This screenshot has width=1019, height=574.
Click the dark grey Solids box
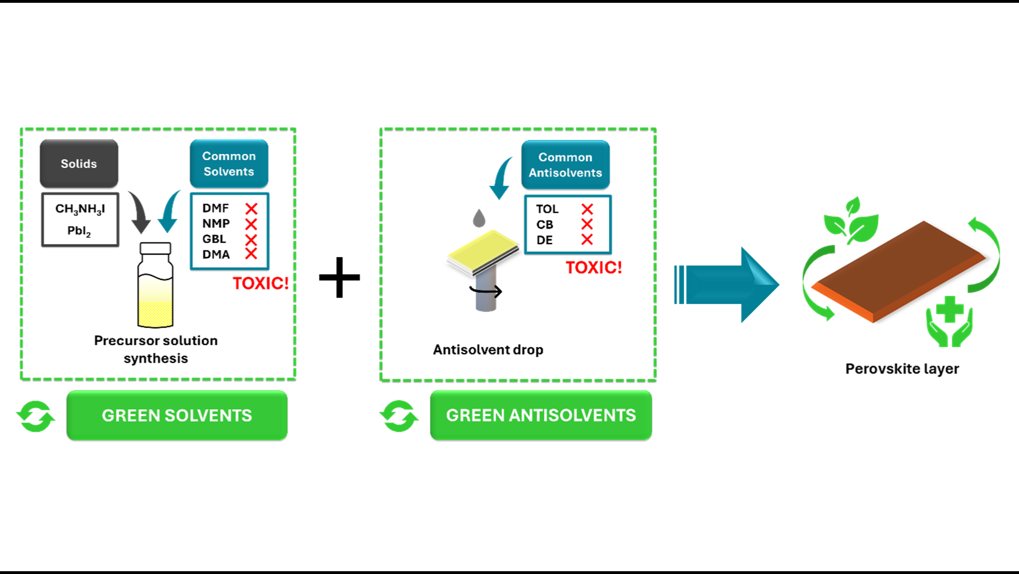pos(79,163)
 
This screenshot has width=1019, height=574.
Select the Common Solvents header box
pos(229,163)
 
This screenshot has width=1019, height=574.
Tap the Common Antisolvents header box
pos(565,165)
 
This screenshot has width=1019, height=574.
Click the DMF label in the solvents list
pos(215,208)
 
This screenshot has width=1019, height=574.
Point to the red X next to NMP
pos(251,224)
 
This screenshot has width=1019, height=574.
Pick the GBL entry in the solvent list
pos(214,239)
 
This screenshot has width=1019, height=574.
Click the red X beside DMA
pos(251,254)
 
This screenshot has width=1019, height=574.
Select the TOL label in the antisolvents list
pos(547,209)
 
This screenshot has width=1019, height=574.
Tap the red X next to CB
pos(587,224)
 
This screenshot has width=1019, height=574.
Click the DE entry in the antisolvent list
pos(544,240)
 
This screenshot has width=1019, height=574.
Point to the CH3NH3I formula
pos(80,209)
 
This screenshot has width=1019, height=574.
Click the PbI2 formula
pos(79,231)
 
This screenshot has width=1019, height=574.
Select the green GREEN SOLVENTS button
pos(177,415)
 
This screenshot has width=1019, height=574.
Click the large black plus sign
pos(340,277)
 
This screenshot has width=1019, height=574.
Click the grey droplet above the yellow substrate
pos(479,218)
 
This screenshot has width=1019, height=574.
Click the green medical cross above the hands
pos(949,309)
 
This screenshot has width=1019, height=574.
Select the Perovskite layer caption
pos(902,369)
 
